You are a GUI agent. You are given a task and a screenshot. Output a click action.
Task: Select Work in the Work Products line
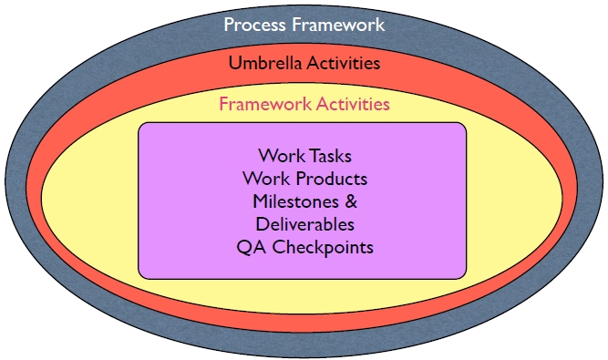[264, 179]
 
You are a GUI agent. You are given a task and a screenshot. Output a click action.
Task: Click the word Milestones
[290, 201]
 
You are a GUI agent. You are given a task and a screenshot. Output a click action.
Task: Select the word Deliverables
[304, 224]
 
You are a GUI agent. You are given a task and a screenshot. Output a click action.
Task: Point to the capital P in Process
[230, 25]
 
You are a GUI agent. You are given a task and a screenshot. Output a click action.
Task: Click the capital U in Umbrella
[235, 64]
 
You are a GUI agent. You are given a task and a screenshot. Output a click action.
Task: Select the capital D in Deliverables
[261, 224]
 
